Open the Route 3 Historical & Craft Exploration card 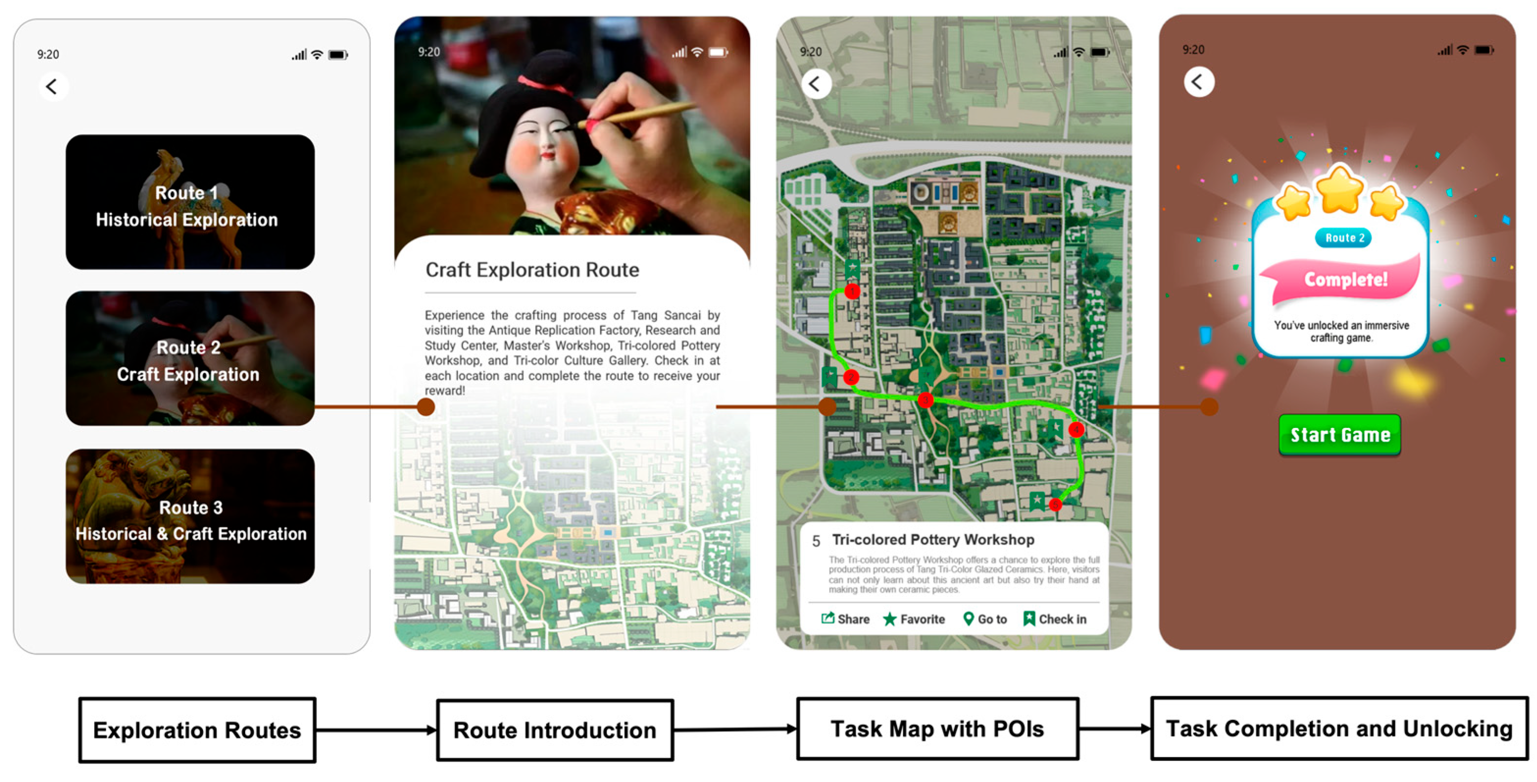[190, 516]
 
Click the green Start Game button [1339, 434]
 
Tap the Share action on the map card [845, 619]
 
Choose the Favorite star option [914, 619]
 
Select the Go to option [986, 619]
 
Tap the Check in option [1055, 619]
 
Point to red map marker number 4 [1076, 429]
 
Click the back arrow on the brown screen [1199, 82]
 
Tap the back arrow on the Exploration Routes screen [52, 87]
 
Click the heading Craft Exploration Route [532, 270]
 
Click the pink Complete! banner [1345, 279]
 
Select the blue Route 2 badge [1344, 238]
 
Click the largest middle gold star [1340, 189]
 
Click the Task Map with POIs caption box [938, 729]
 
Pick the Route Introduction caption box [555, 730]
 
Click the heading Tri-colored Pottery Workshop [933, 540]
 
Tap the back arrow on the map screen [816, 84]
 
